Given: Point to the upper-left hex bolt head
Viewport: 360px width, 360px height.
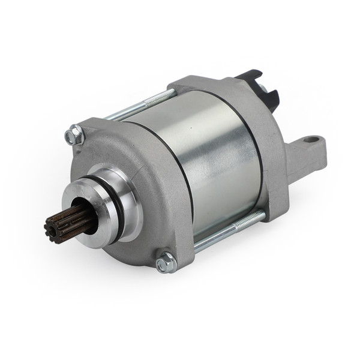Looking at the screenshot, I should click(x=74, y=136).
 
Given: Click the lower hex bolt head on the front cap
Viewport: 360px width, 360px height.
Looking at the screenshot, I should click(x=165, y=262).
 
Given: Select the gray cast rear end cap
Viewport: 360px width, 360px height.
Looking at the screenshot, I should click(x=273, y=144).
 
